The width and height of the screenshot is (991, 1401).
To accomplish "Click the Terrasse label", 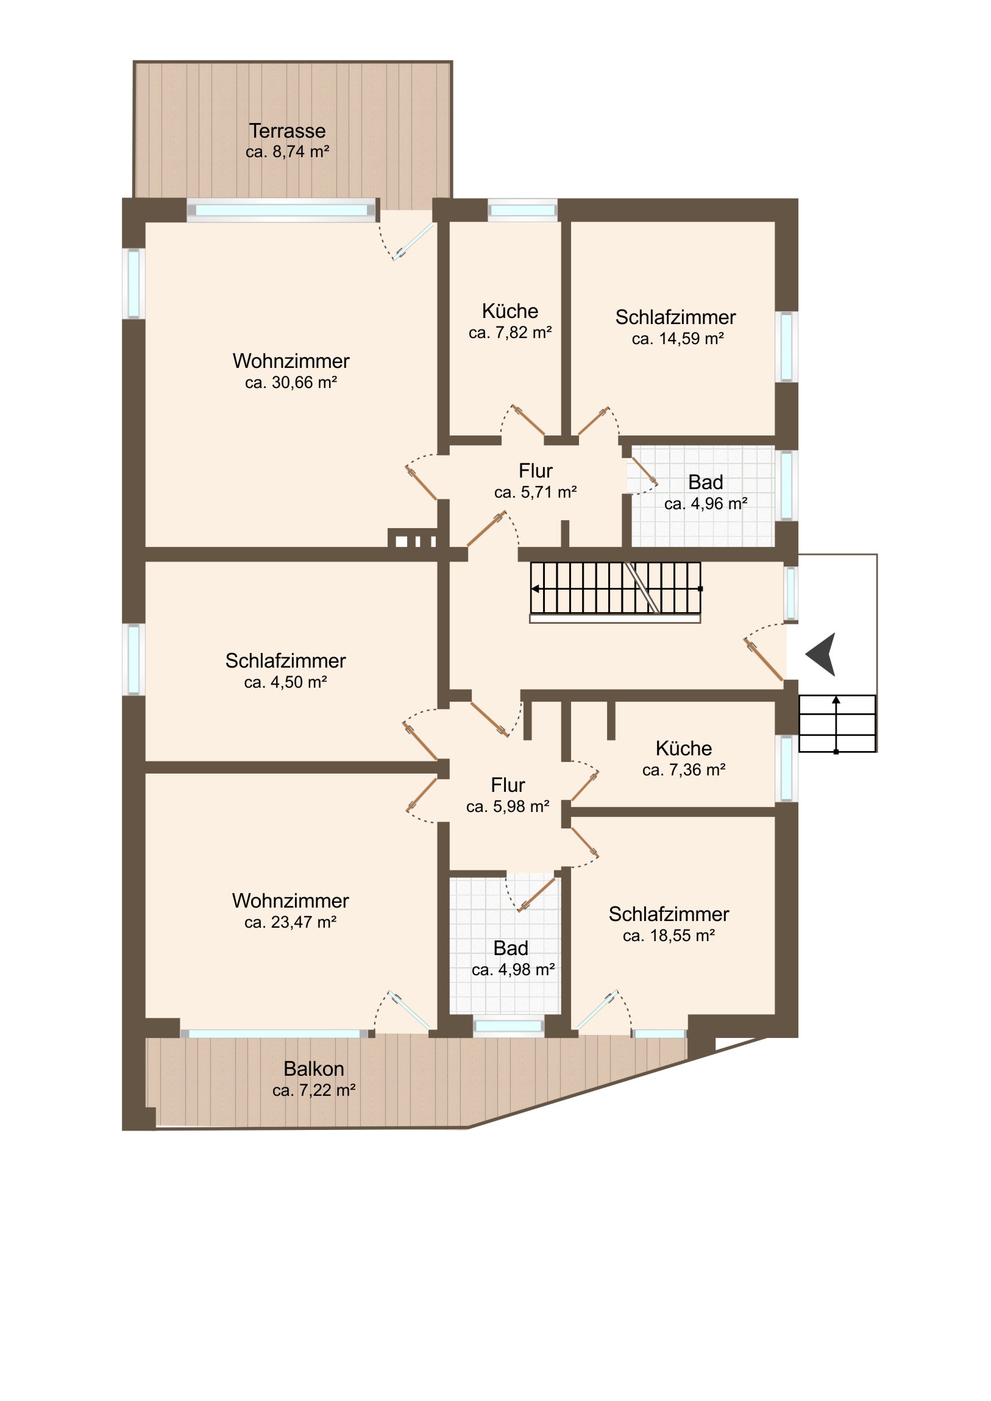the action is tap(287, 130).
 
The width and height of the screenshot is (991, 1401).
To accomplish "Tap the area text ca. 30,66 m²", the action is tap(291, 383).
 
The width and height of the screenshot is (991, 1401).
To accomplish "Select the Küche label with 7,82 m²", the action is tap(510, 311).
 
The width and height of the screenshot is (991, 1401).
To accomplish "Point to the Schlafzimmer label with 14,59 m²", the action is tap(675, 317).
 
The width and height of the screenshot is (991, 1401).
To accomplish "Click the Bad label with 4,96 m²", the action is tap(706, 482).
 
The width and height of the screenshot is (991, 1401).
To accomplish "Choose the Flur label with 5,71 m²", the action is tap(536, 470).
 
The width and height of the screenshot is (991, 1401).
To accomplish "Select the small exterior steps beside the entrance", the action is tap(837, 723).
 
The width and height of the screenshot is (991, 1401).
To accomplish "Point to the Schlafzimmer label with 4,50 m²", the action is tap(285, 661).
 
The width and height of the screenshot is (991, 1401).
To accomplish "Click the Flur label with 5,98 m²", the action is tap(508, 785).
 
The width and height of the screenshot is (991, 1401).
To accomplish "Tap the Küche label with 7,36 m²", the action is tap(684, 748).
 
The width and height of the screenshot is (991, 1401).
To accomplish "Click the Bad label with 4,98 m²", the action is tap(511, 948).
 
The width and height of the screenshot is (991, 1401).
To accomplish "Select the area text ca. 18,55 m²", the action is tap(669, 936).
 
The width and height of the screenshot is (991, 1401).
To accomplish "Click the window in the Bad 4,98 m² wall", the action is tap(509, 1026).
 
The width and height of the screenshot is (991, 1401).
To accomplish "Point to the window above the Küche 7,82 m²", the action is tap(523, 211).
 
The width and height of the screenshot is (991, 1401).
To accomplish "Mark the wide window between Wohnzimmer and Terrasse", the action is tap(282, 211).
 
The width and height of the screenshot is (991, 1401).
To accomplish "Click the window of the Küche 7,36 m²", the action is tap(786, 768).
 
